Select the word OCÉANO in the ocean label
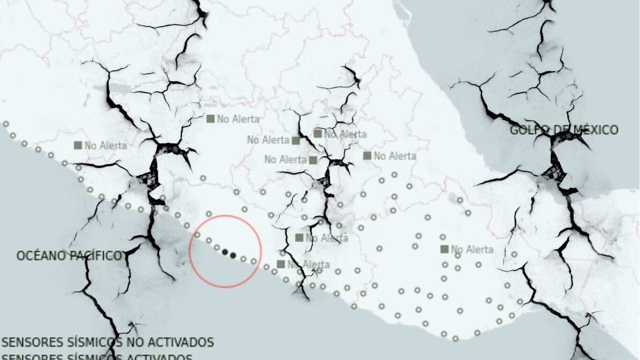[x=37, y=255]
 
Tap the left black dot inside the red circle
[x=225, y=252]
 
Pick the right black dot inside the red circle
[x=233, y=255]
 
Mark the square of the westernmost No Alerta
[x=78, y=145]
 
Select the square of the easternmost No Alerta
[x=444, y=249]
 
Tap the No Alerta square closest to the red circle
[x=281, y=264]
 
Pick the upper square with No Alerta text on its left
[x=296, y=140]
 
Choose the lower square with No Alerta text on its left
[x=313, y=160]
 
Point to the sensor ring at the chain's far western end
[x=6, y=124]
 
